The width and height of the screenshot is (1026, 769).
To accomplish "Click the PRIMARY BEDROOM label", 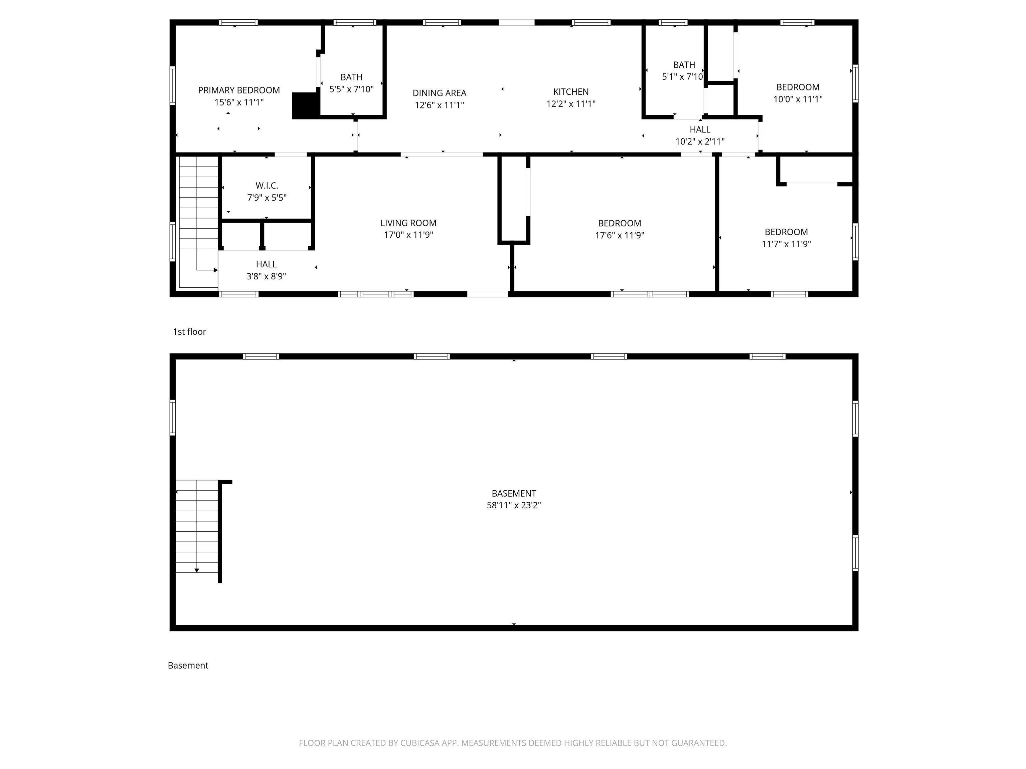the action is pos(239,90).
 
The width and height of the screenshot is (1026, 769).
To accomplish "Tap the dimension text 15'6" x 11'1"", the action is pos(239,102).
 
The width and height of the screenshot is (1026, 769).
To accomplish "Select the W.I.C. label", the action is pos(267,186).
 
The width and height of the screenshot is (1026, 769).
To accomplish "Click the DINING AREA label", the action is pos(439,93).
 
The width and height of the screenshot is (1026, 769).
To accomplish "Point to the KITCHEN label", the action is pos(571,92).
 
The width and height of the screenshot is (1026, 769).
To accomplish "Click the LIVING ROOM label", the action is pos(408,223).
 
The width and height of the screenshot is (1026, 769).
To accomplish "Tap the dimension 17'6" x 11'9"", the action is pos(620,235).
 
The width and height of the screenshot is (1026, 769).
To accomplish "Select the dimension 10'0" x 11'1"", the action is pos(798,99).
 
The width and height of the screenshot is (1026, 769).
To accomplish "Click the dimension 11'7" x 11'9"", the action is pos(786,244).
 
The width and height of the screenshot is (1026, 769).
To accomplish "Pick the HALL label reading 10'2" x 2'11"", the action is pos(700,129).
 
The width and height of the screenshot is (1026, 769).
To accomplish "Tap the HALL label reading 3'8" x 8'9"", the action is pos(266,264).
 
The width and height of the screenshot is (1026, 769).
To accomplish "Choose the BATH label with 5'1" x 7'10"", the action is pos(684,65).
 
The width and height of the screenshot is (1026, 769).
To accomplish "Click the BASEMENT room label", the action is pos(514,493).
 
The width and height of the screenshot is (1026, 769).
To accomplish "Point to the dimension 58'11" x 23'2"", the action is pos(514,505).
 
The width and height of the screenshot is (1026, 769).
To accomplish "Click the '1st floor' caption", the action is pos(189,331).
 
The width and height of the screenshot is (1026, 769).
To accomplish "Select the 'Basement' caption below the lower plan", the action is pos(188,665).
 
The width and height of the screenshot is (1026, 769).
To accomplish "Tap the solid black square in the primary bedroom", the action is pos(306,106).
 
